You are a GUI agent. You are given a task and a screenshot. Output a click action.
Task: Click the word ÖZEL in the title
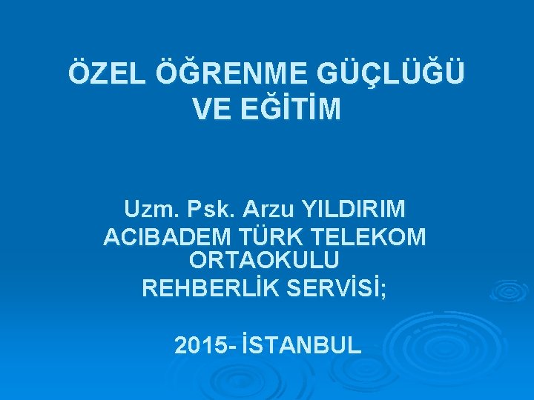[x=105, y=75]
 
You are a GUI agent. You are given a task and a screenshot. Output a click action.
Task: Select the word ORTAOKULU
[x=265, y=260]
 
